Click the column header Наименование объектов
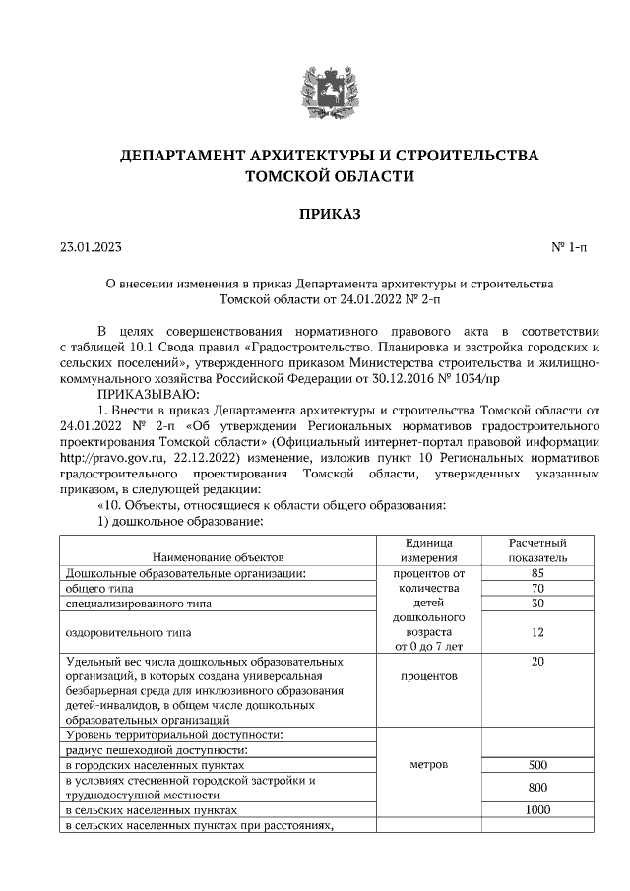click(218, 557)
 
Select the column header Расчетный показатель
click(537, 550)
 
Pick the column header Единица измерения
click(428, 550)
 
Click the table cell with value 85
click(537, 572)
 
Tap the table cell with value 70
click(537, 588)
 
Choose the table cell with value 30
click(537, 603)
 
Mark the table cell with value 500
click(537, 764)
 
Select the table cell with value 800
click(537, 788)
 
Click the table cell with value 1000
click(537, 809)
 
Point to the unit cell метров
click(428, 764)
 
